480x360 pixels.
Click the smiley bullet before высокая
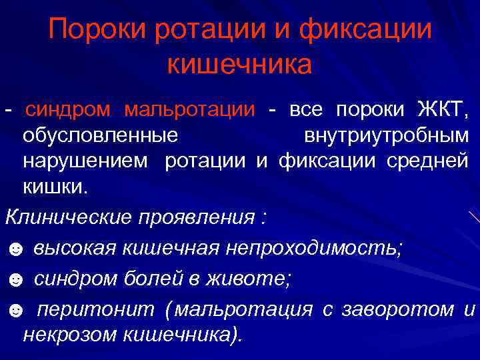tap(15, 249)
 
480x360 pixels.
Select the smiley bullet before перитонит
tap(15, 311)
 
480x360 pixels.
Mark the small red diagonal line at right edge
tap(474, 217)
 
